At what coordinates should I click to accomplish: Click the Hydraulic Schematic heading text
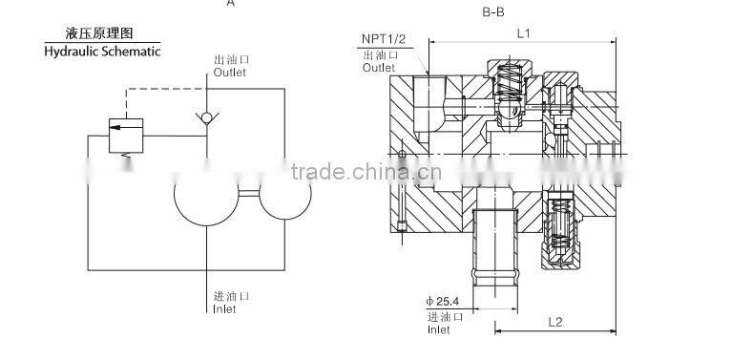click(102, 51)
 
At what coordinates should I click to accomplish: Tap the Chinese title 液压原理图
click(99, 33)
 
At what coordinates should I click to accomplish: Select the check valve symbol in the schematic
click(207, 117)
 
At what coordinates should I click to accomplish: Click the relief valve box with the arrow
click(126, 136)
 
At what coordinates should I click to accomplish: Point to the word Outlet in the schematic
click(230, 73)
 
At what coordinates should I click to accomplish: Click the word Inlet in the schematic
click(224, 309)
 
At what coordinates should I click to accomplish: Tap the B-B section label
click(493, 12)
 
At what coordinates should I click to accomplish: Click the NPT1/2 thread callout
click(384, 38)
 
